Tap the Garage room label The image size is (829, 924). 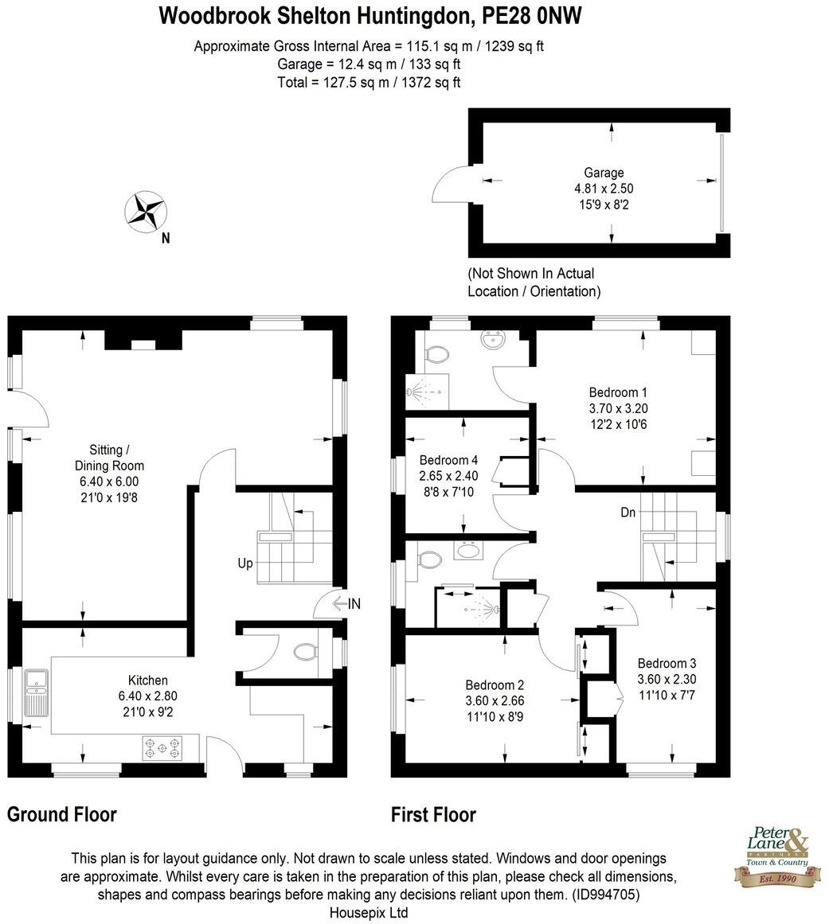click(604, 173)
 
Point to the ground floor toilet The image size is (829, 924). click(304, 653)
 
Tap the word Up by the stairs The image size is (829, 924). click(244, 563)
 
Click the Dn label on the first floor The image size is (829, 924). click(628, 513)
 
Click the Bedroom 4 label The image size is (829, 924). click(448, 460)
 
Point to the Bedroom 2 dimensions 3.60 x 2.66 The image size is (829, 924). click(495, 701)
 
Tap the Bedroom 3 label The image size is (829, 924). click(667, 664)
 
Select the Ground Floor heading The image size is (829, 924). click(62, 815)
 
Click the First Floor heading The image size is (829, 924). click(433, 815)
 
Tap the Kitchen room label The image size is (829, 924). click(148, 680)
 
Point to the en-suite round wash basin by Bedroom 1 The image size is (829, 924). click(491, 340)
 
